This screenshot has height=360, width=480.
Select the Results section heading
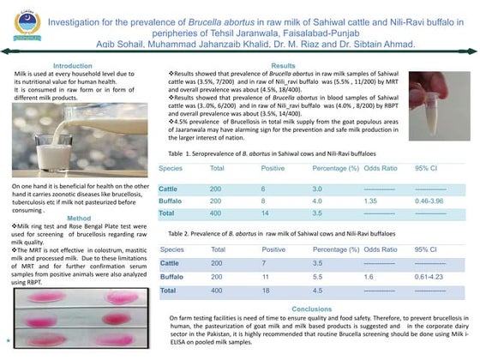point(284,65)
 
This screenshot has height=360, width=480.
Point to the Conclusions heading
point(311,309)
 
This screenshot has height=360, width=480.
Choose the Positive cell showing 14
point(267,213)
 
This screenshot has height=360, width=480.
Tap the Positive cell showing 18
point(267,291)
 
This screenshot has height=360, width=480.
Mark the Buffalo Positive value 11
point(267,278)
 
